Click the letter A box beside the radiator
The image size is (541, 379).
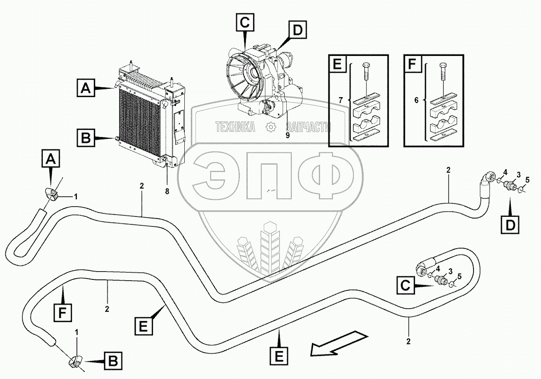(x=86, y=88)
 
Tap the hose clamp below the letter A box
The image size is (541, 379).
(x=52, y=193)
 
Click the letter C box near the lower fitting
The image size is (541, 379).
(x=405, y=285)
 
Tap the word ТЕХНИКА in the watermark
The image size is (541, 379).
(x=235, y=128)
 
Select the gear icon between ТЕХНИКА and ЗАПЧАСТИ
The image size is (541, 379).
(x=271, y=127)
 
